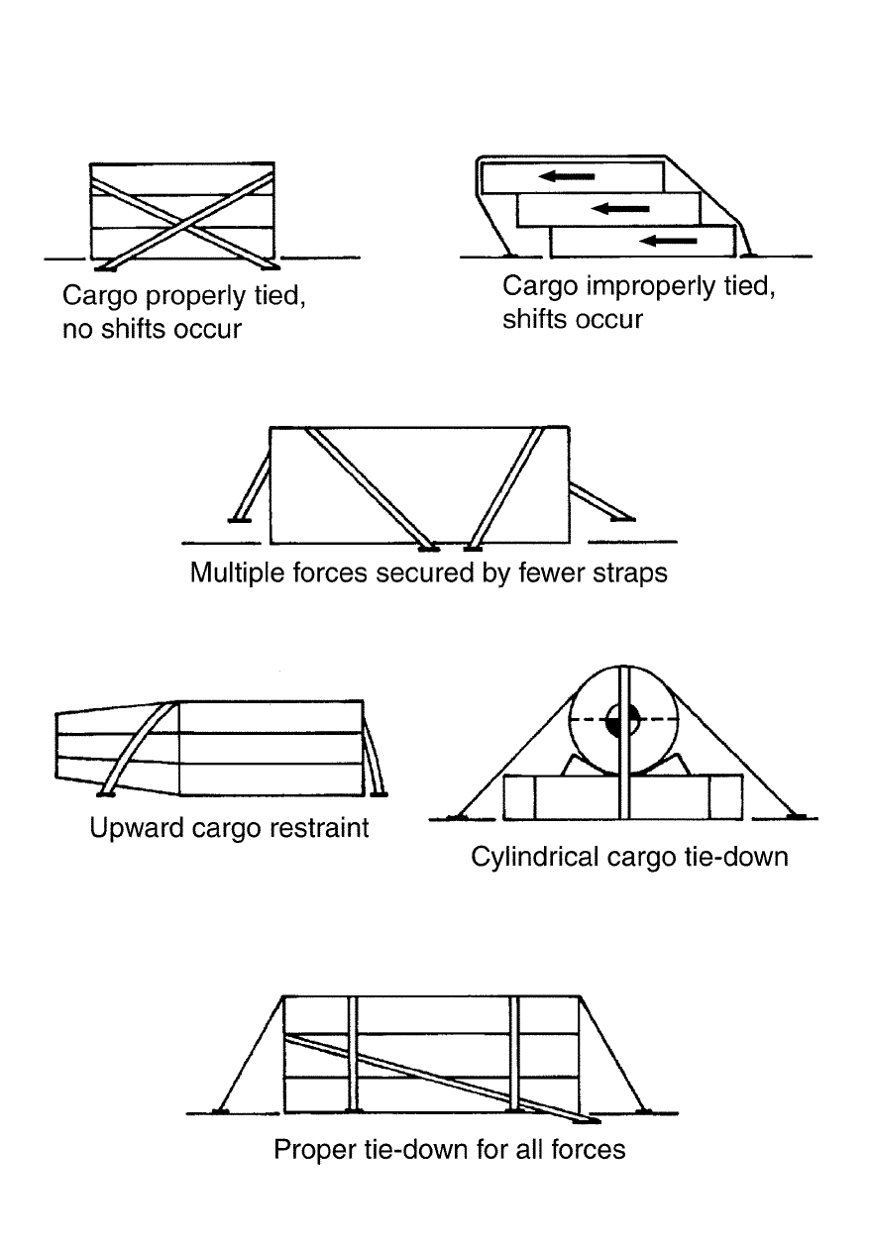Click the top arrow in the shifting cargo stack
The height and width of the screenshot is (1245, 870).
[568, 176]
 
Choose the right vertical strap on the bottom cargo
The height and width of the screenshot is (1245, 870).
[514, 1054]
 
